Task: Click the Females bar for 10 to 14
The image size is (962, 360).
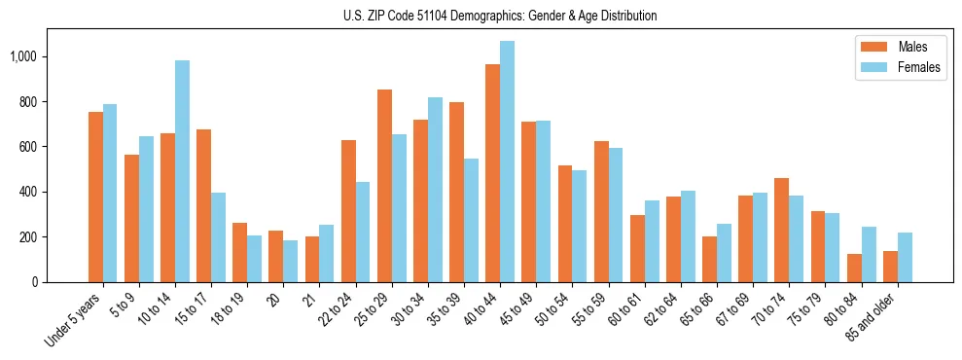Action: click(x=182, y=171)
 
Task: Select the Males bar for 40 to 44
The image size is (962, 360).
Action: click(x=492, y=173)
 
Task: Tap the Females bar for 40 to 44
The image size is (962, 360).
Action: click(x=507, y=162)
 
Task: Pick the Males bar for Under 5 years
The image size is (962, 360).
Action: click(x=95, y=197)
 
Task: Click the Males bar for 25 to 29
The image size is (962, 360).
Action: click(x=384, y=186)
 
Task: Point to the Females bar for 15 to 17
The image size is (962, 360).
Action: click(x=218, y=237)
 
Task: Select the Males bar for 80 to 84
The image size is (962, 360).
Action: click(x=854, y=268)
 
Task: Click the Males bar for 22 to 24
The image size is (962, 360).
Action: click(x=348, y=211)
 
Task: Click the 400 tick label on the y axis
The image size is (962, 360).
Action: click(x=31, y=192)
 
